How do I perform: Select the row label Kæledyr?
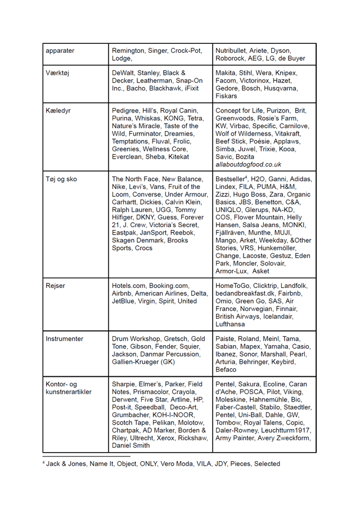click(x=58, y=111)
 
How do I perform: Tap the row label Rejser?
click(x=55, y=286)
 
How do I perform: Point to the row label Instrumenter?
click(x=64, y=339)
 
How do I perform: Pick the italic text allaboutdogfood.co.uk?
click(x=249, y=165)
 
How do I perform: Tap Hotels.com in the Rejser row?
click(x=130, y=286)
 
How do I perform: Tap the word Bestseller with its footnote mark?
click(x=231, y=179)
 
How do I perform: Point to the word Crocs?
click(x=143, y=248)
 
